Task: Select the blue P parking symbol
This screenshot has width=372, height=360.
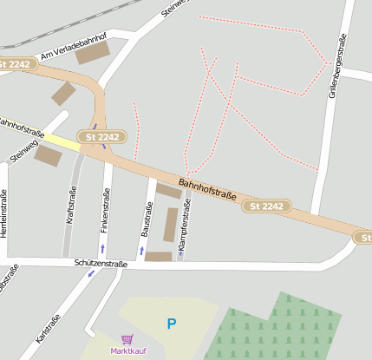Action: [171, 324]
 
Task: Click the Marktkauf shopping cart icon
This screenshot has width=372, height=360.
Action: [127, 339]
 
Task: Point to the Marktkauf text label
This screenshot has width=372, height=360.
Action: [128, 350]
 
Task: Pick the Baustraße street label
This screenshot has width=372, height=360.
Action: [147, 219]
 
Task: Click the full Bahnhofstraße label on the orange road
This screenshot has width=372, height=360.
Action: [207, 191]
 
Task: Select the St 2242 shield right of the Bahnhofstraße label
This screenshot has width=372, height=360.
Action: [266, 206]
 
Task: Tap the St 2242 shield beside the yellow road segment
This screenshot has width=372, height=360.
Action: [102, 137]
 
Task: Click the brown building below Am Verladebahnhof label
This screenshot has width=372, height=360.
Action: [93, 53]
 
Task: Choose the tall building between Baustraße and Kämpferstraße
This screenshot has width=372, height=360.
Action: [170, 224]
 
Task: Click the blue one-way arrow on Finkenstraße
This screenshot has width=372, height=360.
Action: [102, 249]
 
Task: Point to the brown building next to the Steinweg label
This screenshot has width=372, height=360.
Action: [49, 156]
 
